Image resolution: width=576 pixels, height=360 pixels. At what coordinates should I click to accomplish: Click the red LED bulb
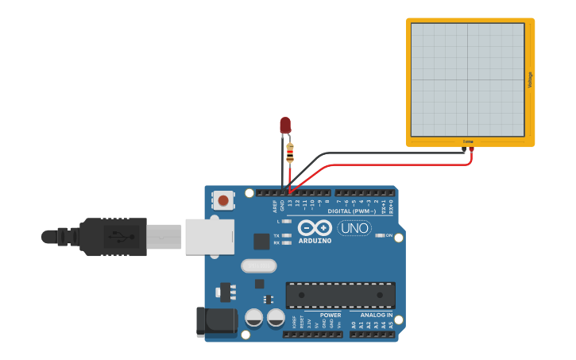pos(285,125)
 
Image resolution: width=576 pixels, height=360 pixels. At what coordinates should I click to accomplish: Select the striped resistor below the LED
pos(290,153)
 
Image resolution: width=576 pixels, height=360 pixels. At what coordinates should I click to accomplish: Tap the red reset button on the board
pos(224,200)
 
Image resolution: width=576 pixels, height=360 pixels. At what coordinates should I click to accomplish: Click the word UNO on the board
pos(354,228)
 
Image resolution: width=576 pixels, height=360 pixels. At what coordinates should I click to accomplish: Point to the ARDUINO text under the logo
pos(315,240)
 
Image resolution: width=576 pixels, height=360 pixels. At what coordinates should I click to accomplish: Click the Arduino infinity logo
pos(315,228)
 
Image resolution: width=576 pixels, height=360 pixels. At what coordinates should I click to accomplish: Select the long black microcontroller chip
pos(340,295)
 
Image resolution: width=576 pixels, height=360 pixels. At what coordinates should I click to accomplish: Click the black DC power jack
pos(216,320)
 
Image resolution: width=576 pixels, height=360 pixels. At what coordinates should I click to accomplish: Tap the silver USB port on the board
pos(210,237)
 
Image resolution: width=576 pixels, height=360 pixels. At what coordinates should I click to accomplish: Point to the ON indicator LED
pos(380,235)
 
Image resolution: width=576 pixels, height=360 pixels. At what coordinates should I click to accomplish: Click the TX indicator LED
pos(286,236)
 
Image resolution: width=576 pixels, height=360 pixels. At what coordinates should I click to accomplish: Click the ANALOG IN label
pos(377,315)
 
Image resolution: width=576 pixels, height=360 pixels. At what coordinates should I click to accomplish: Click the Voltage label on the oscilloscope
pos(530,79)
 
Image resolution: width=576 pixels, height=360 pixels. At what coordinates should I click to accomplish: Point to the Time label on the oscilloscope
pos(468,141)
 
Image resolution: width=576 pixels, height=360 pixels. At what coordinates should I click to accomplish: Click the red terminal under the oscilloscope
pos(471,149)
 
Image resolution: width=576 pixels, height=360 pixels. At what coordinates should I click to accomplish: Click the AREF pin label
pos(275,205)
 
